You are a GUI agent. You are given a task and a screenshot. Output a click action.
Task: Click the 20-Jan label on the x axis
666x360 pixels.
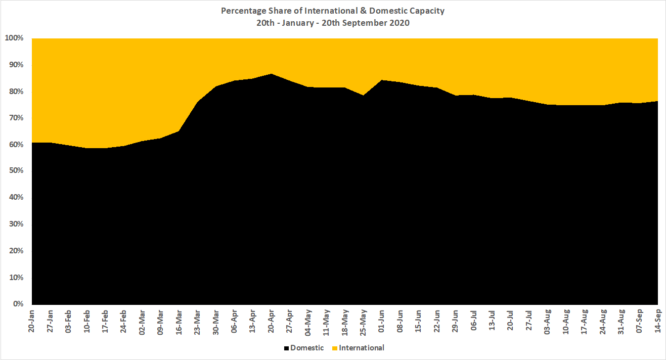(x=32, y=320)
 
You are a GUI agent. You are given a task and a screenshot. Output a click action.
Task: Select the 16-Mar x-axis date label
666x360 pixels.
(x=179, y=320)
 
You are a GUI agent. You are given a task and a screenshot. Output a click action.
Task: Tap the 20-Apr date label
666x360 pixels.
(x=271, y=320)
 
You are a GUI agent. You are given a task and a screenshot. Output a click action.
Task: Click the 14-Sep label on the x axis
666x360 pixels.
(x=657, y=320)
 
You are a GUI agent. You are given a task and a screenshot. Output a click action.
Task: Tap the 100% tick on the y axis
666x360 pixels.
(x=14, y=38)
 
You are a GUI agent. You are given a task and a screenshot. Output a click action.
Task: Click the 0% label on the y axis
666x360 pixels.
(x=18, y=304)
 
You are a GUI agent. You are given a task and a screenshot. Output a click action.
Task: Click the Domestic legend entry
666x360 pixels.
(x=307, y=348)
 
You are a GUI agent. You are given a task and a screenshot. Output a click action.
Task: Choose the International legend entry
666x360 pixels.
(x=362, y=348)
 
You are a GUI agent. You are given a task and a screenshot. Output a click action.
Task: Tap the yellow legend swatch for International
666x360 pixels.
(x=335, y=348)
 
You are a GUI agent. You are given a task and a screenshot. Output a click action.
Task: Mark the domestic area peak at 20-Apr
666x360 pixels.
(x=271, y=74)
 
